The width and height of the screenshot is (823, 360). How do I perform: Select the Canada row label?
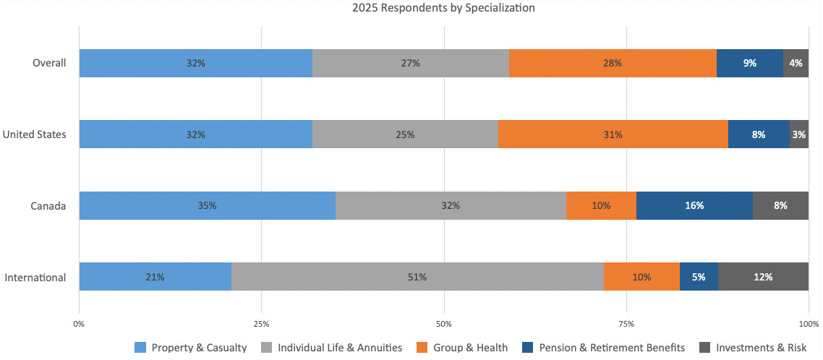click(x=48, y=206)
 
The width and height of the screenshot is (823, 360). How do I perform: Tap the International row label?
click(x=35, y=277)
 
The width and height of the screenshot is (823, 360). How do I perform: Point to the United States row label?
click(x=35, y=134)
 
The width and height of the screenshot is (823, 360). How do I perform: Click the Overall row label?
click(x=49, y=63)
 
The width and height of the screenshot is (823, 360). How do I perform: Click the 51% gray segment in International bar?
click(x=417, y=277)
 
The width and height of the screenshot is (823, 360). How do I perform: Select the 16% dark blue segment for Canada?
click(x=694, y=206)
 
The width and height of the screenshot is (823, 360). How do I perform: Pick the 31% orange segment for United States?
click(x=613, y=134)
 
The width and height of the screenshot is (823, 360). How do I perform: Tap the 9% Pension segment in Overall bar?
click(x=750, y=63)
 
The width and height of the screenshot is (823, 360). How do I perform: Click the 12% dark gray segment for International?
click(x=763, y=277)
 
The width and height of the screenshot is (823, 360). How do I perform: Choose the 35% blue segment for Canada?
click(x=207, y=206)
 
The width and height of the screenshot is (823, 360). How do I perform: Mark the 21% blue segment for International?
click(x=155, y=277)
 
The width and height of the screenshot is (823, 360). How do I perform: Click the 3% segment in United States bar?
click(x=799, y=134)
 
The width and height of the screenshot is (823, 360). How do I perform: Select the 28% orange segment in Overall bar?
click(x=613, y=63)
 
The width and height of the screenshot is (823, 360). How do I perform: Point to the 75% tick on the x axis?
click(x=627, y=323)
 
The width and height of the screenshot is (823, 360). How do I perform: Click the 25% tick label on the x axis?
click(x=262, y=323)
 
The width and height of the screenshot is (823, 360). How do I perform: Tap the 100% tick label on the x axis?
click(x=808, y=323)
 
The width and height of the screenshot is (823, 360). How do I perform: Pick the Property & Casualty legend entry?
click(x=191, y=348)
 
